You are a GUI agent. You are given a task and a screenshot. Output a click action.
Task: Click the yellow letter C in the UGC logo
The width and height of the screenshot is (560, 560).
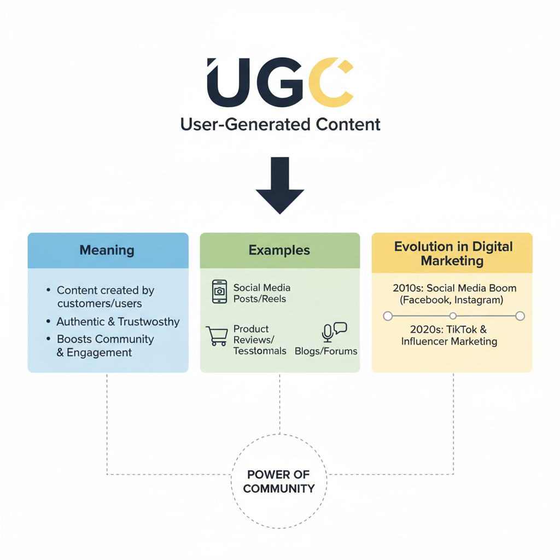330,83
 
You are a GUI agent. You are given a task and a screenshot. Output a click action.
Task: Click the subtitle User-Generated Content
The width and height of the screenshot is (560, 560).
280,124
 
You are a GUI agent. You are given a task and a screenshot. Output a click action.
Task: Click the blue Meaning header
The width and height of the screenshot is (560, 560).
108,250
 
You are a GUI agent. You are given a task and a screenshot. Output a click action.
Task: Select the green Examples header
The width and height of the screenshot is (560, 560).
279,250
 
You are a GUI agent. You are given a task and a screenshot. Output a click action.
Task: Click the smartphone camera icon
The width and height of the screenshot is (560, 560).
219,291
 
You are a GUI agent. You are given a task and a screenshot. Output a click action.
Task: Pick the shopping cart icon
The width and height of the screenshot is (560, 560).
217,335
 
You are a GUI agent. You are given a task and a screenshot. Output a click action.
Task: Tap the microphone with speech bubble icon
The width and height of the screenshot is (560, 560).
334,331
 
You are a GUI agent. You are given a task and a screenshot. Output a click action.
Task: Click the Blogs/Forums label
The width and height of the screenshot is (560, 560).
326,351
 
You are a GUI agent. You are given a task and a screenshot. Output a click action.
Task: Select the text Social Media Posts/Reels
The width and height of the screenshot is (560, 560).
261,293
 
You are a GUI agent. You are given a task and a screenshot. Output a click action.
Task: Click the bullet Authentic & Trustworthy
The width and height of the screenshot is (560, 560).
118,322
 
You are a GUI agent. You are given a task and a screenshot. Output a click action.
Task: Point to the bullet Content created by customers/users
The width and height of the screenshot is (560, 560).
105,296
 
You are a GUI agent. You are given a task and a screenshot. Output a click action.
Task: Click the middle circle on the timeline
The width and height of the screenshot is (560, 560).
453,316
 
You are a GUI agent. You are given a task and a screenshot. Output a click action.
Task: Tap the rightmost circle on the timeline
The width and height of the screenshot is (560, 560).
520,316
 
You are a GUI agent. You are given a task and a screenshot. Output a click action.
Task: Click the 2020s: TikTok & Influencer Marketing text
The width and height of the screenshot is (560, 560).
449,335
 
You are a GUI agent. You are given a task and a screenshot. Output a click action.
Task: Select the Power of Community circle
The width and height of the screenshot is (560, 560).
279,481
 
